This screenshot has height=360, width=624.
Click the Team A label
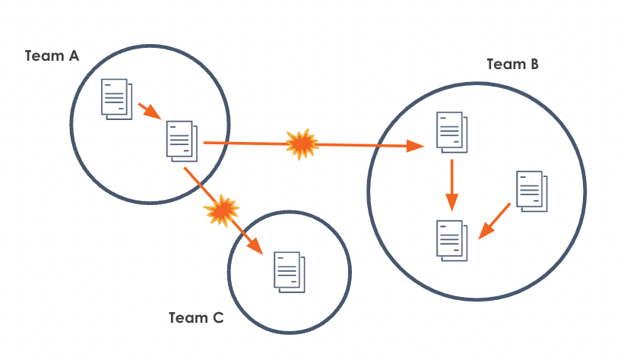[52, 56]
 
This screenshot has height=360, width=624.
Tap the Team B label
[512, 65]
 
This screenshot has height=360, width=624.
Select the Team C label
[196, 318]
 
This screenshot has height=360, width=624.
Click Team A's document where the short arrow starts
[116, 97]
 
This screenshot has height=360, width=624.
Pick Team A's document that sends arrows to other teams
[181, 140]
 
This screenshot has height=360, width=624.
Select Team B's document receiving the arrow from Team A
[450, 131]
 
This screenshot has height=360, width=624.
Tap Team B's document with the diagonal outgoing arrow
[531, 190]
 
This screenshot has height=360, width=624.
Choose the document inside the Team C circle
[289, 271]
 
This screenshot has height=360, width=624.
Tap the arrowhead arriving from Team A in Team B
[416, 146]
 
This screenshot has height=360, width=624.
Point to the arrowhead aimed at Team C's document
[256, 246]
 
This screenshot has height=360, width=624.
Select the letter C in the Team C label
[217, 318]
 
